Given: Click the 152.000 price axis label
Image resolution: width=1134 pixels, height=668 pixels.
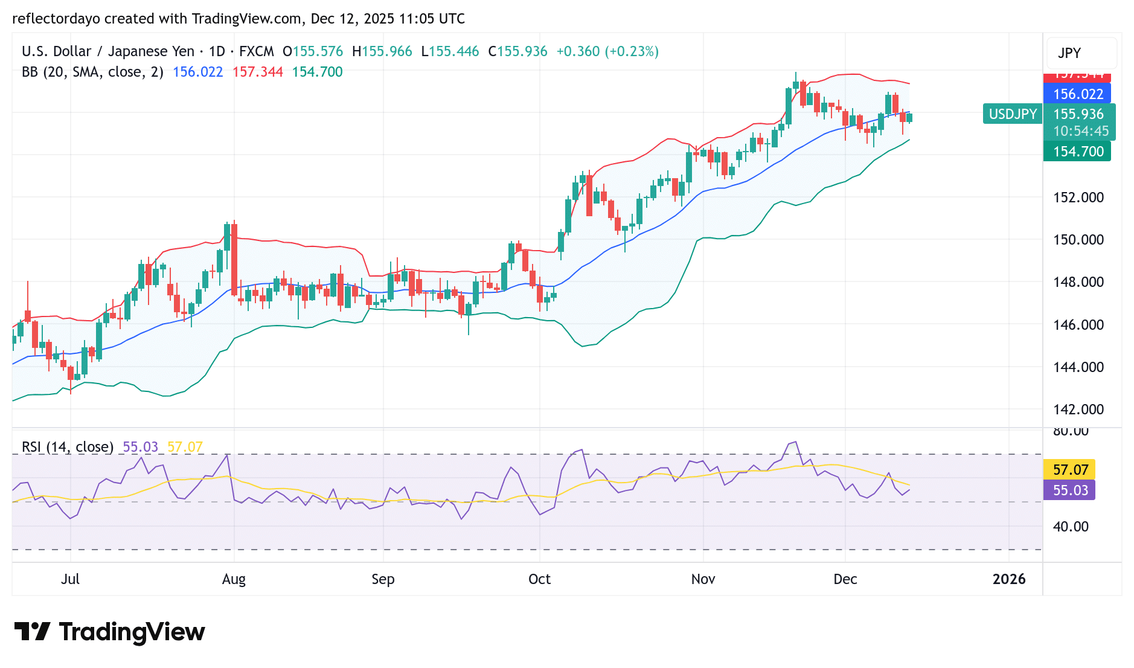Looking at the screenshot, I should (x=1078, y=198).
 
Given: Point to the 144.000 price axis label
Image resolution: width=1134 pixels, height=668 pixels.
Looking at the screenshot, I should (x=1078, y=367).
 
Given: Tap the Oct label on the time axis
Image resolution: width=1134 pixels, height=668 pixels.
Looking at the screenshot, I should (x=539, y=579).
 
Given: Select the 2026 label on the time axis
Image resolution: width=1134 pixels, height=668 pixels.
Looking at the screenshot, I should (x=1009, y=579).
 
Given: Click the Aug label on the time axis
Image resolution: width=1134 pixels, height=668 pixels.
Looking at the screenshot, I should (x=234, y=579).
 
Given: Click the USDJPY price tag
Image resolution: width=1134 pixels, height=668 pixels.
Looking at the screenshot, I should (x=1013, y=114).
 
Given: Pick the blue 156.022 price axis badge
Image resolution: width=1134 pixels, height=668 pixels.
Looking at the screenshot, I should (x=1077, y=94).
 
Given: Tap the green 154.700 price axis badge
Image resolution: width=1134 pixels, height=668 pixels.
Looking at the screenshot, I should (x=1077, y=152).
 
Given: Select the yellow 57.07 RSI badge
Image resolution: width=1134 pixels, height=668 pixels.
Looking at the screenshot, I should (x=1070, y=470).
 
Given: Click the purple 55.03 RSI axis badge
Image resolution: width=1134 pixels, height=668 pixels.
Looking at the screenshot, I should (x=1070, y=490).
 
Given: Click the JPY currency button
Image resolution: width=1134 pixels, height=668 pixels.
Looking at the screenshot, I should (x=1069, y=53).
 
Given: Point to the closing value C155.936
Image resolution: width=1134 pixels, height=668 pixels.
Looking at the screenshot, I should (x=517, y=51).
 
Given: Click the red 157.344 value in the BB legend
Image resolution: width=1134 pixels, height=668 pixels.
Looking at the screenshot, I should (x=257, y=72).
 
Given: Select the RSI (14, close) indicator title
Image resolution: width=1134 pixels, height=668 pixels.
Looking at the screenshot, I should (x=68, y=447).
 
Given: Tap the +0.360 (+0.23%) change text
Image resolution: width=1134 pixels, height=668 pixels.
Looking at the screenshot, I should (x=607, y=51).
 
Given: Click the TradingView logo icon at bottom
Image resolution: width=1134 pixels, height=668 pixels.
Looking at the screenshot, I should (x=32, y=632).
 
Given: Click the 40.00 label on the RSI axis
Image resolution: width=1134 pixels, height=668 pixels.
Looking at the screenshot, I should (x=1071, y=527).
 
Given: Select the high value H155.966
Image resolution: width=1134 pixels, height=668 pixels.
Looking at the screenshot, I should (x=382, y=51).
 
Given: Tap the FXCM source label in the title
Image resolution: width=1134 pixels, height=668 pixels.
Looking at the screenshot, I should (x=256, y=51).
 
